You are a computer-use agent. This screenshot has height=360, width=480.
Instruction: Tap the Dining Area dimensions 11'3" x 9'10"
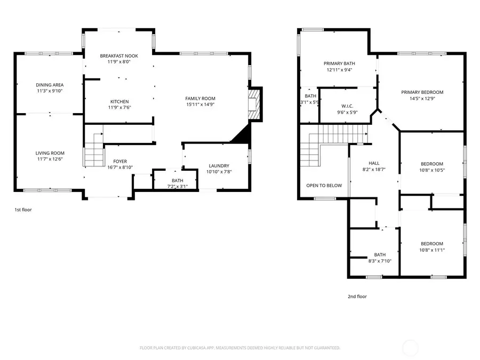click(x=50, y=92)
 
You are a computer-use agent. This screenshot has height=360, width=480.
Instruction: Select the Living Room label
click(x=50, y=153)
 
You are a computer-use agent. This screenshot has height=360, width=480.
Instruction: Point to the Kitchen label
click(x=119, y=101)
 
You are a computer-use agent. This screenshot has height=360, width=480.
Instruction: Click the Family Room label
click(x=200, y=98)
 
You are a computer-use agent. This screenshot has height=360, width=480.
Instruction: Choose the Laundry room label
click(x=218, y=165)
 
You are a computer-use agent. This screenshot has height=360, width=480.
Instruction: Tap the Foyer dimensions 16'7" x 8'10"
click(x=119, y=167)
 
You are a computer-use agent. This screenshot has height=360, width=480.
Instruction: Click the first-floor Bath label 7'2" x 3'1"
click(x=177, y=180)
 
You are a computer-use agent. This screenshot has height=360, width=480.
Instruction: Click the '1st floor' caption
click(x=23, y=210)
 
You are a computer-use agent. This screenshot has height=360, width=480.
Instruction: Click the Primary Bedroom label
click(x=422, y=92)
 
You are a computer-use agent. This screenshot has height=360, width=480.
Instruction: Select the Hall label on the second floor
click(x=373, y=163)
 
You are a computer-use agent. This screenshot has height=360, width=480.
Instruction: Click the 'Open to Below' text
click(x=324, y=186)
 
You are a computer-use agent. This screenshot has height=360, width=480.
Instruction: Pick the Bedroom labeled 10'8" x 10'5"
click(x=432, y=164)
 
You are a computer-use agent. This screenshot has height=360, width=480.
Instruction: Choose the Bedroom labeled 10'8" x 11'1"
click(x=432, y=243)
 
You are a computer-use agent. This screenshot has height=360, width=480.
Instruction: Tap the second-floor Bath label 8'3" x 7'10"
click(x=380, y=254)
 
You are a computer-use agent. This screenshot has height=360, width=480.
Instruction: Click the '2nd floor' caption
click(x=357, y=297)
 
